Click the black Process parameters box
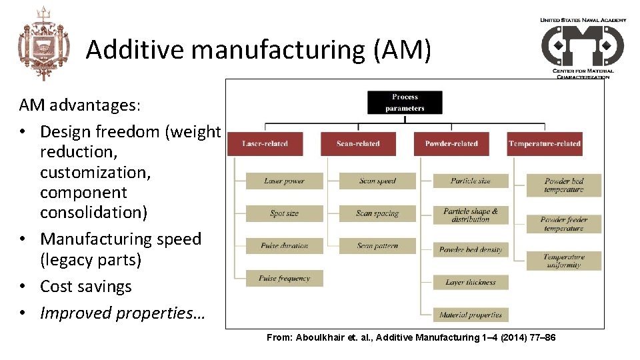405,102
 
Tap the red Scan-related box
358,144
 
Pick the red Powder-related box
451,144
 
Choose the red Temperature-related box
544,144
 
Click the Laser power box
284,181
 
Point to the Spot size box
284,213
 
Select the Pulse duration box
284,246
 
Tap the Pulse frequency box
284,278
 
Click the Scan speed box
377,181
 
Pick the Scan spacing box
377,213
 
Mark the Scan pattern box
377,246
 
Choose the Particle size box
471,181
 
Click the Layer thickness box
471,282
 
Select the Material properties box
471,315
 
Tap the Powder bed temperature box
563,185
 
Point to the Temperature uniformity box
563,261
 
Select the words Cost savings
86,287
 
